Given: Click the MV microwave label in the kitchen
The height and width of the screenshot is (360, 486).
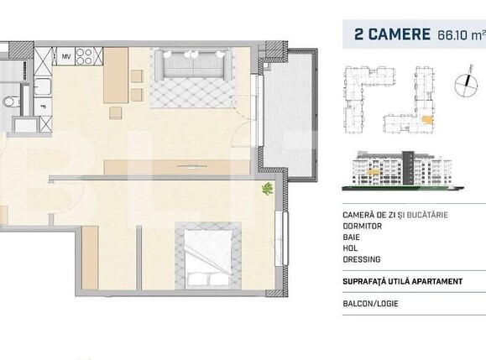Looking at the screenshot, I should [65, 56].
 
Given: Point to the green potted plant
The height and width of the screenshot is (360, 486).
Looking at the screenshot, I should [266, 190].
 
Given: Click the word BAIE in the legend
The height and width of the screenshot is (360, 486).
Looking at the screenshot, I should [353, 237].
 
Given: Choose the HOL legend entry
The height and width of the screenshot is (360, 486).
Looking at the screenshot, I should [351, 249].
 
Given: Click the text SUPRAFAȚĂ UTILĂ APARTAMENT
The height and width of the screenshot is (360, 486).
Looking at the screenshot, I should [402, 280].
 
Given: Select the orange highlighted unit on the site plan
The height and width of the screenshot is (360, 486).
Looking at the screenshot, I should [428, 120].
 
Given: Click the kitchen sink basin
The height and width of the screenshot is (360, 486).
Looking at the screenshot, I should [44, 87].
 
